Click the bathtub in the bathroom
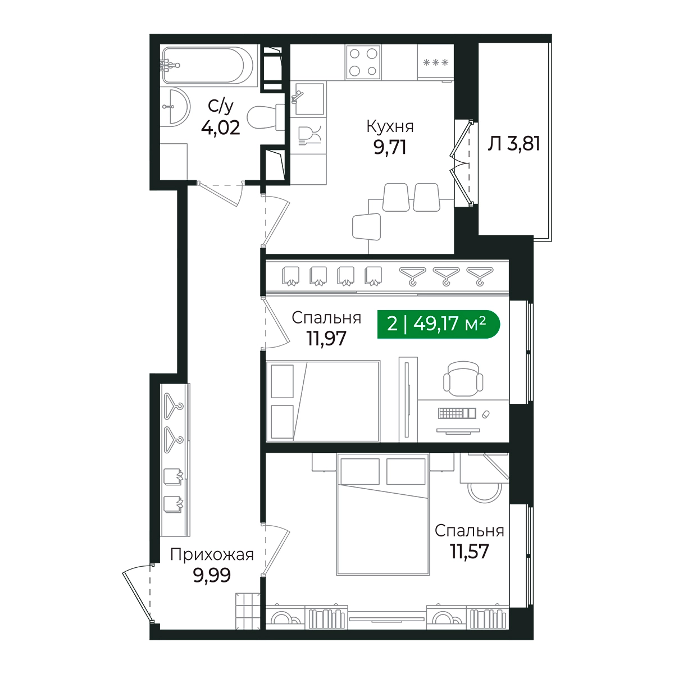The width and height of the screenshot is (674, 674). click(x=207, y=65)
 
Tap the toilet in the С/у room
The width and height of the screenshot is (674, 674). click(x=266, y=117)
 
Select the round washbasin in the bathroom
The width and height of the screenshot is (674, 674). click(x=176, y=107)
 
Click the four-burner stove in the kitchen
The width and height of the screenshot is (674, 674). click(x=363, y=63)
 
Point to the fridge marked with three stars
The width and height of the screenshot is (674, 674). click(x=435, y=62)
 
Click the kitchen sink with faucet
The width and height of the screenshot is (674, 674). click(x=308, y=99)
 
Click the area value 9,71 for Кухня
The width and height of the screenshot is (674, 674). click(x=390, y=147)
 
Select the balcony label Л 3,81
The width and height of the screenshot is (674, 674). click(x=514, y=144)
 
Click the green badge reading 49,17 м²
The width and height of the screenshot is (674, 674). click(x=438, y=324)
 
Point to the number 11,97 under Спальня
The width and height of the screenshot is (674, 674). click(x=326, y=338)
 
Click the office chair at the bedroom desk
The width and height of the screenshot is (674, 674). click(x=463, y=379)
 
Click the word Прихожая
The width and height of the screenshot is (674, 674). click(x=212, y=555)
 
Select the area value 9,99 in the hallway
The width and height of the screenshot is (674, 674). click(x=212, y=575)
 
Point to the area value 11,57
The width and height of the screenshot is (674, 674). click(x=470, y=552)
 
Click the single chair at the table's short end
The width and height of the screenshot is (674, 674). click(x=366, y=227)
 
